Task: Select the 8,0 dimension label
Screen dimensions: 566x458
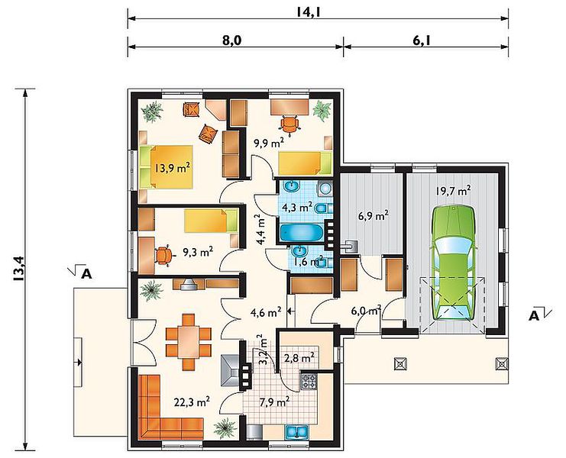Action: click(x=231, y=40)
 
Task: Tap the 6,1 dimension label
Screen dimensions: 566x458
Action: click(x=421, y=40)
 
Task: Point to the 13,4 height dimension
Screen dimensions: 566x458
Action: click(x=19, y=268)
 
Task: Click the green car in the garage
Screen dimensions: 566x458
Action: click(x=454, y=263)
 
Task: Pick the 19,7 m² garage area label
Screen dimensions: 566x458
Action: click(x=453, y=190)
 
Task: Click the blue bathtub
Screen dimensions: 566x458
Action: click(x=302, y=233)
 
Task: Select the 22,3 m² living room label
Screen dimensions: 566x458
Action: click(x=192, y=402)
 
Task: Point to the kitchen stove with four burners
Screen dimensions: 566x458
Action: click(x=309, y=382)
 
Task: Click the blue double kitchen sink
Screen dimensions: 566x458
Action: click(x=296, y=431)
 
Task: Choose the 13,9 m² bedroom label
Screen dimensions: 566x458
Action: click(x=172, y=168)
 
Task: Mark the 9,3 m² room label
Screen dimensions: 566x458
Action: click(x=197, y=252)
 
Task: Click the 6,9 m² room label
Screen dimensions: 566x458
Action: click(x=374, y=216)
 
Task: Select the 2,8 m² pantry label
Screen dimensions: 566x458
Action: click(x=299, y=358)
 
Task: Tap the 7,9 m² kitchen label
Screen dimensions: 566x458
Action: click(x=274, y=401)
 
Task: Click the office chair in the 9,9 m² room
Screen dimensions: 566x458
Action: click(x=289, y=124)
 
